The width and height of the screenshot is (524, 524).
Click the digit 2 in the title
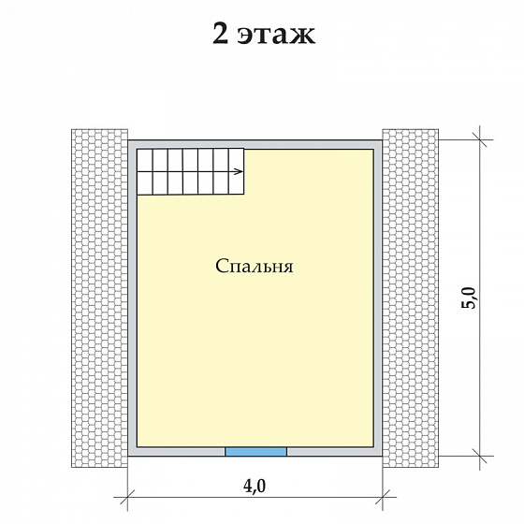pos(221,35)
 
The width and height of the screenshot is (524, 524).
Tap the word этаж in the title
pos(275,36)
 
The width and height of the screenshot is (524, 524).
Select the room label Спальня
pos(255,266)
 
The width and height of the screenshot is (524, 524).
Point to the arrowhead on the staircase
pos(240,171)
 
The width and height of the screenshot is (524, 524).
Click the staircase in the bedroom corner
pos(190,171)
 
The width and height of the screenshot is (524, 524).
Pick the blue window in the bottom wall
pos(255,452)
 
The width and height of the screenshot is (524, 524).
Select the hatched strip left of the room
pos(98,298)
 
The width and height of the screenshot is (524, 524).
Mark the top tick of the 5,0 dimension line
pos(482,138)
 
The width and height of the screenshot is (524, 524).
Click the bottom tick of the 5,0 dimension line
pos(482,456)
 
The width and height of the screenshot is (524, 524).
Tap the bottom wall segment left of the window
pos(178,452)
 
